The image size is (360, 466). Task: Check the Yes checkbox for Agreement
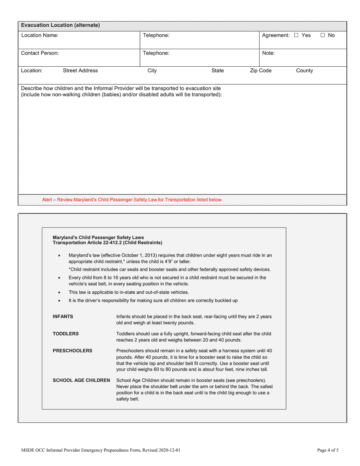296,36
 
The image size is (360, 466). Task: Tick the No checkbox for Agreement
322,36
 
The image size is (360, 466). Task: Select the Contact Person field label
40,53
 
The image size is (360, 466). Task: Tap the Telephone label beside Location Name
156,36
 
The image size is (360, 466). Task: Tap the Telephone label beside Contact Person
156,53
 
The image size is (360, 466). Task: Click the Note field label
268,53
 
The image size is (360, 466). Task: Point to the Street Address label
80,71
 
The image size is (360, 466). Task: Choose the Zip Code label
260,71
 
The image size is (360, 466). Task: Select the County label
304,71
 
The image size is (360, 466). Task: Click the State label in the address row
218,71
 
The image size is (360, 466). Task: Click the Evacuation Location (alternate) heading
61,25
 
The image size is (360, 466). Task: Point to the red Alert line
132,200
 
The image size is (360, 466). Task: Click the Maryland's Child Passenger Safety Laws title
98,238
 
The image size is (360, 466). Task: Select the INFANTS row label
63,317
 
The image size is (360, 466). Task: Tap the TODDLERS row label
66,334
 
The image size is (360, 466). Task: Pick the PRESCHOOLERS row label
72,351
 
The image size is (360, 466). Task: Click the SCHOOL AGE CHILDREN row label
81,380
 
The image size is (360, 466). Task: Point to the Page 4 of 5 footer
328,450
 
